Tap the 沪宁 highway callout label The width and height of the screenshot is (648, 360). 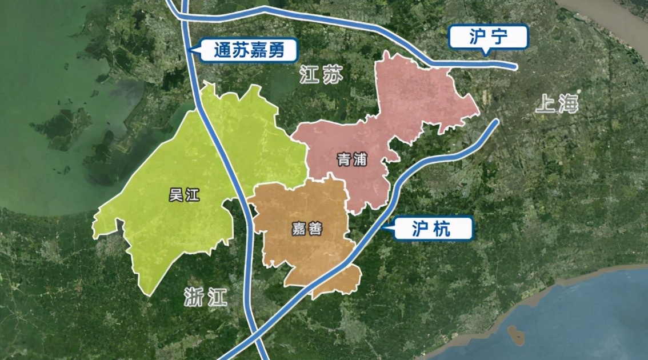(488, 37)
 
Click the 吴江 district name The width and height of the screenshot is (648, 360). (184, 195)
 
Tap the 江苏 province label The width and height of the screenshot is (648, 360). (321, 76)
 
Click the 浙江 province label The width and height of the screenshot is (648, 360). (206, 297)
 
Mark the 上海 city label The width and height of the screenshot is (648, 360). (557, 104)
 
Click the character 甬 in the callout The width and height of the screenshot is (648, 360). (284, 51)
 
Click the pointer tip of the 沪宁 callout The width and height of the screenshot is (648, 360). (486, 54)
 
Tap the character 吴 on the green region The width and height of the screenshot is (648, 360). (175, 195)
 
